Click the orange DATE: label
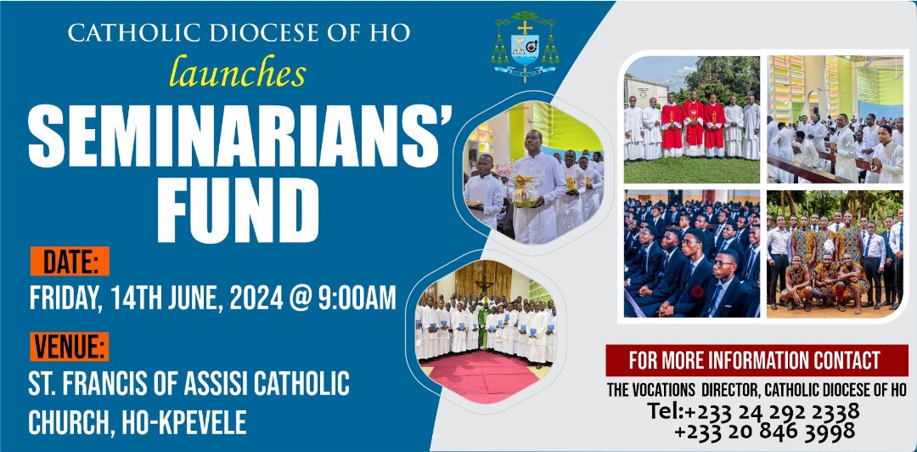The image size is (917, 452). point(70,261)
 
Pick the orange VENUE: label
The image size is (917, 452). point(70,347)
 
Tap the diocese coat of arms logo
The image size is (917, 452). point(525,46)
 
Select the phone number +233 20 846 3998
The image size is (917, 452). point(764,432)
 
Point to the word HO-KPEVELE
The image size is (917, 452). point(184,421)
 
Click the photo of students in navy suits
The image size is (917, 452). point(692,253)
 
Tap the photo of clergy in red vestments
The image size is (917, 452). point(692,120)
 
